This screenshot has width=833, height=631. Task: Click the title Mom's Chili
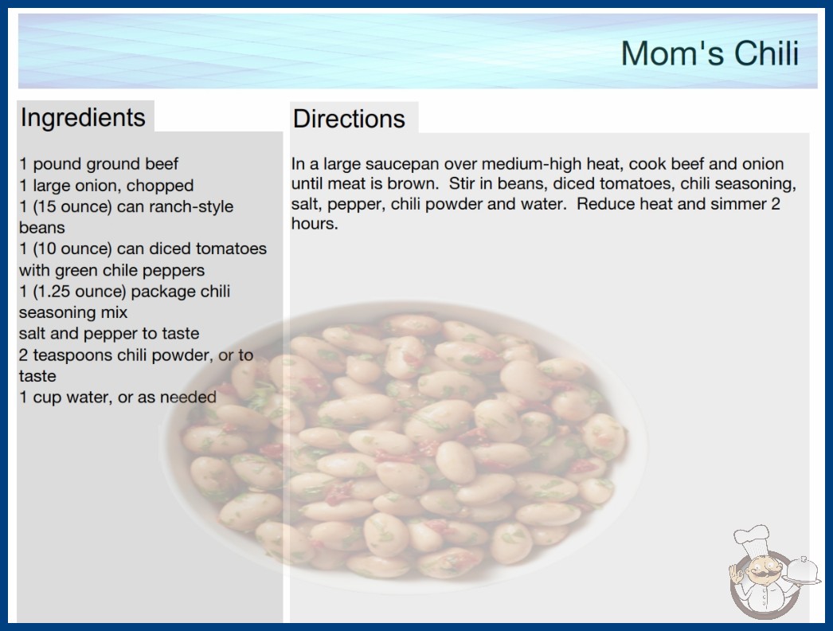pos(710,53)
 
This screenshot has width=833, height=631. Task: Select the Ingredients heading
pos(83,118)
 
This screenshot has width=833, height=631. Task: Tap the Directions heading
pos(349,119)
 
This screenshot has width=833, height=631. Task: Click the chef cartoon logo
pos(774,572)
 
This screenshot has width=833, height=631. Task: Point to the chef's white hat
pos(751,538)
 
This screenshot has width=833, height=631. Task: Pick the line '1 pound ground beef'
pos(99,164)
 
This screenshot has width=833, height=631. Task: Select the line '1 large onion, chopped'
pos(106,186)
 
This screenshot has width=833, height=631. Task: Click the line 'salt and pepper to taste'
pos(109,334)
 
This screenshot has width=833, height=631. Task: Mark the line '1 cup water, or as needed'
pos(117,397)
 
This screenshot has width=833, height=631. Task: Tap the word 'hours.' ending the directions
pos(315,224)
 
